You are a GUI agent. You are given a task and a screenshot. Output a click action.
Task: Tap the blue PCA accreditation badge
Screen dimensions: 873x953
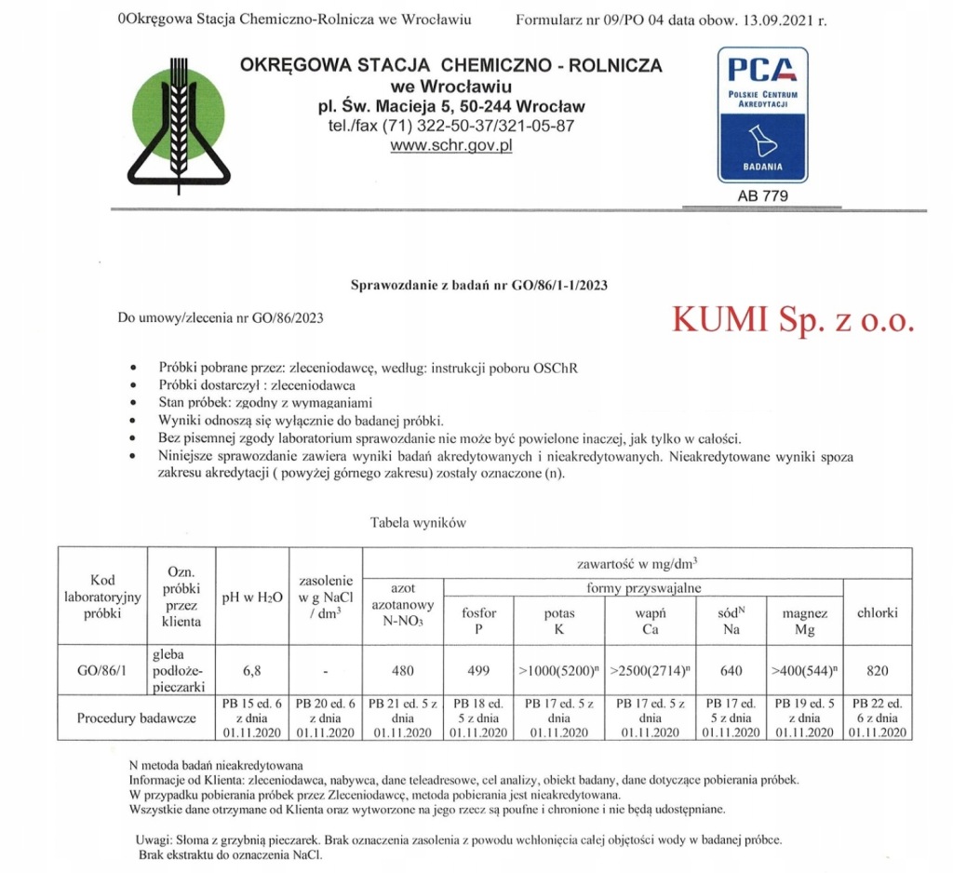(761, 114)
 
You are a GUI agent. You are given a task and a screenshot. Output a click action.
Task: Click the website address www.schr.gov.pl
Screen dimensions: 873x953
(451, 145)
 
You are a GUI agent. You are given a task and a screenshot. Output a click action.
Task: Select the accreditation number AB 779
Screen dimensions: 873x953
(762, 195)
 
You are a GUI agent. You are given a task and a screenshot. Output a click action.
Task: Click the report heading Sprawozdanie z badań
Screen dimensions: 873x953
(478, 286)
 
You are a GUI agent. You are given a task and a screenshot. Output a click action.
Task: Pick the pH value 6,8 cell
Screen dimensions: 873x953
(251, 669)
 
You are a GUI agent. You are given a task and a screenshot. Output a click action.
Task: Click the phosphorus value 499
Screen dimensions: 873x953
(479, 669)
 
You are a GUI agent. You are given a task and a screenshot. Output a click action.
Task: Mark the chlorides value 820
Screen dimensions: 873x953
(877, 669)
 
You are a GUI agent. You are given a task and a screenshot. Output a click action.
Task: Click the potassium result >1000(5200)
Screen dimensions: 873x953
(558, 669)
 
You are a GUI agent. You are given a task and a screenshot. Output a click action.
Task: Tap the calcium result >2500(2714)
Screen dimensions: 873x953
(648, 669)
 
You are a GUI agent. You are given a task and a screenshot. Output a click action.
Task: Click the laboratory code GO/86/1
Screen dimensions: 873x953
(102, 669)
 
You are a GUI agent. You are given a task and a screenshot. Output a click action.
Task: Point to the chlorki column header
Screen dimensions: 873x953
(877, 612)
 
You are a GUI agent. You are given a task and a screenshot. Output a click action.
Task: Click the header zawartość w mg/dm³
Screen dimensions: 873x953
(637, 562)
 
